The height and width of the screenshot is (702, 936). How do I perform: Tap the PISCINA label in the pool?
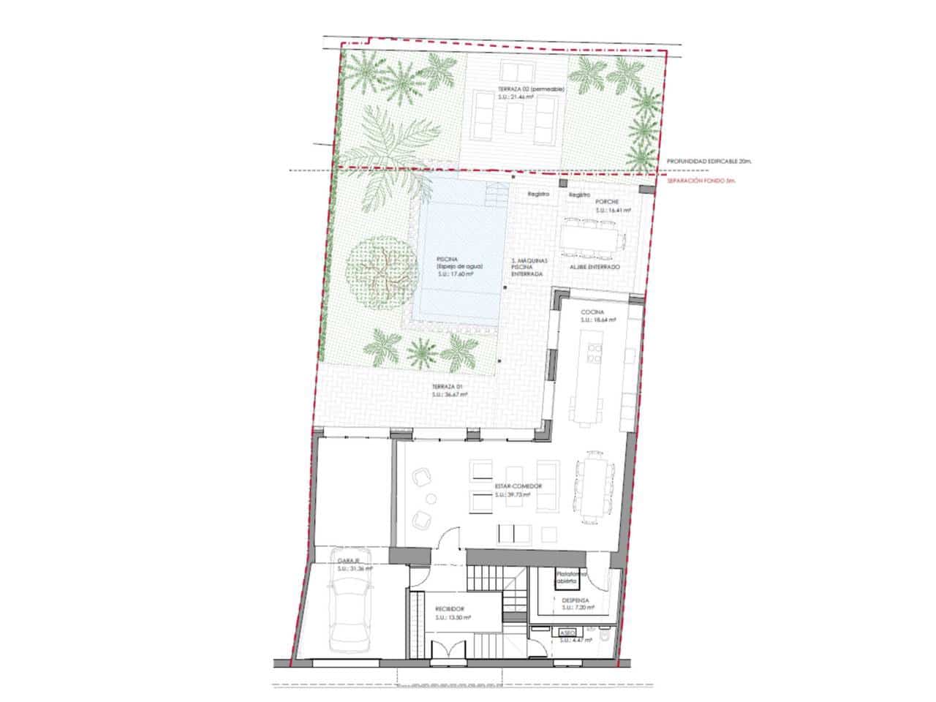448,260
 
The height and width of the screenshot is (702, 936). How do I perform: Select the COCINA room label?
592,312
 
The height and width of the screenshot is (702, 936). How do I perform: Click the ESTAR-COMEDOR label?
497,486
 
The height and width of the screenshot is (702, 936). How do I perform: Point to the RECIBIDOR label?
450,608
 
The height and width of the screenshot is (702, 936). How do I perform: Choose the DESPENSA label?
576,600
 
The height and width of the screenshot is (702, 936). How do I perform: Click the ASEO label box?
567,633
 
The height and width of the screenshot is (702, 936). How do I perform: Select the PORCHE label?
607,202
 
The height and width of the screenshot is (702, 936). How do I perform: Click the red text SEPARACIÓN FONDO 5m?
701,180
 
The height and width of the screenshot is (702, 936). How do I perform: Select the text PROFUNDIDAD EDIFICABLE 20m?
709,162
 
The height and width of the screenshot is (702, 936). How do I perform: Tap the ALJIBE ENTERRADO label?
595,268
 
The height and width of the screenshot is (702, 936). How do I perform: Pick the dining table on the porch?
593,237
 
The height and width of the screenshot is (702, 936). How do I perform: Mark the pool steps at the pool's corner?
495,194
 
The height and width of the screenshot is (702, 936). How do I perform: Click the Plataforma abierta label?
572,578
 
